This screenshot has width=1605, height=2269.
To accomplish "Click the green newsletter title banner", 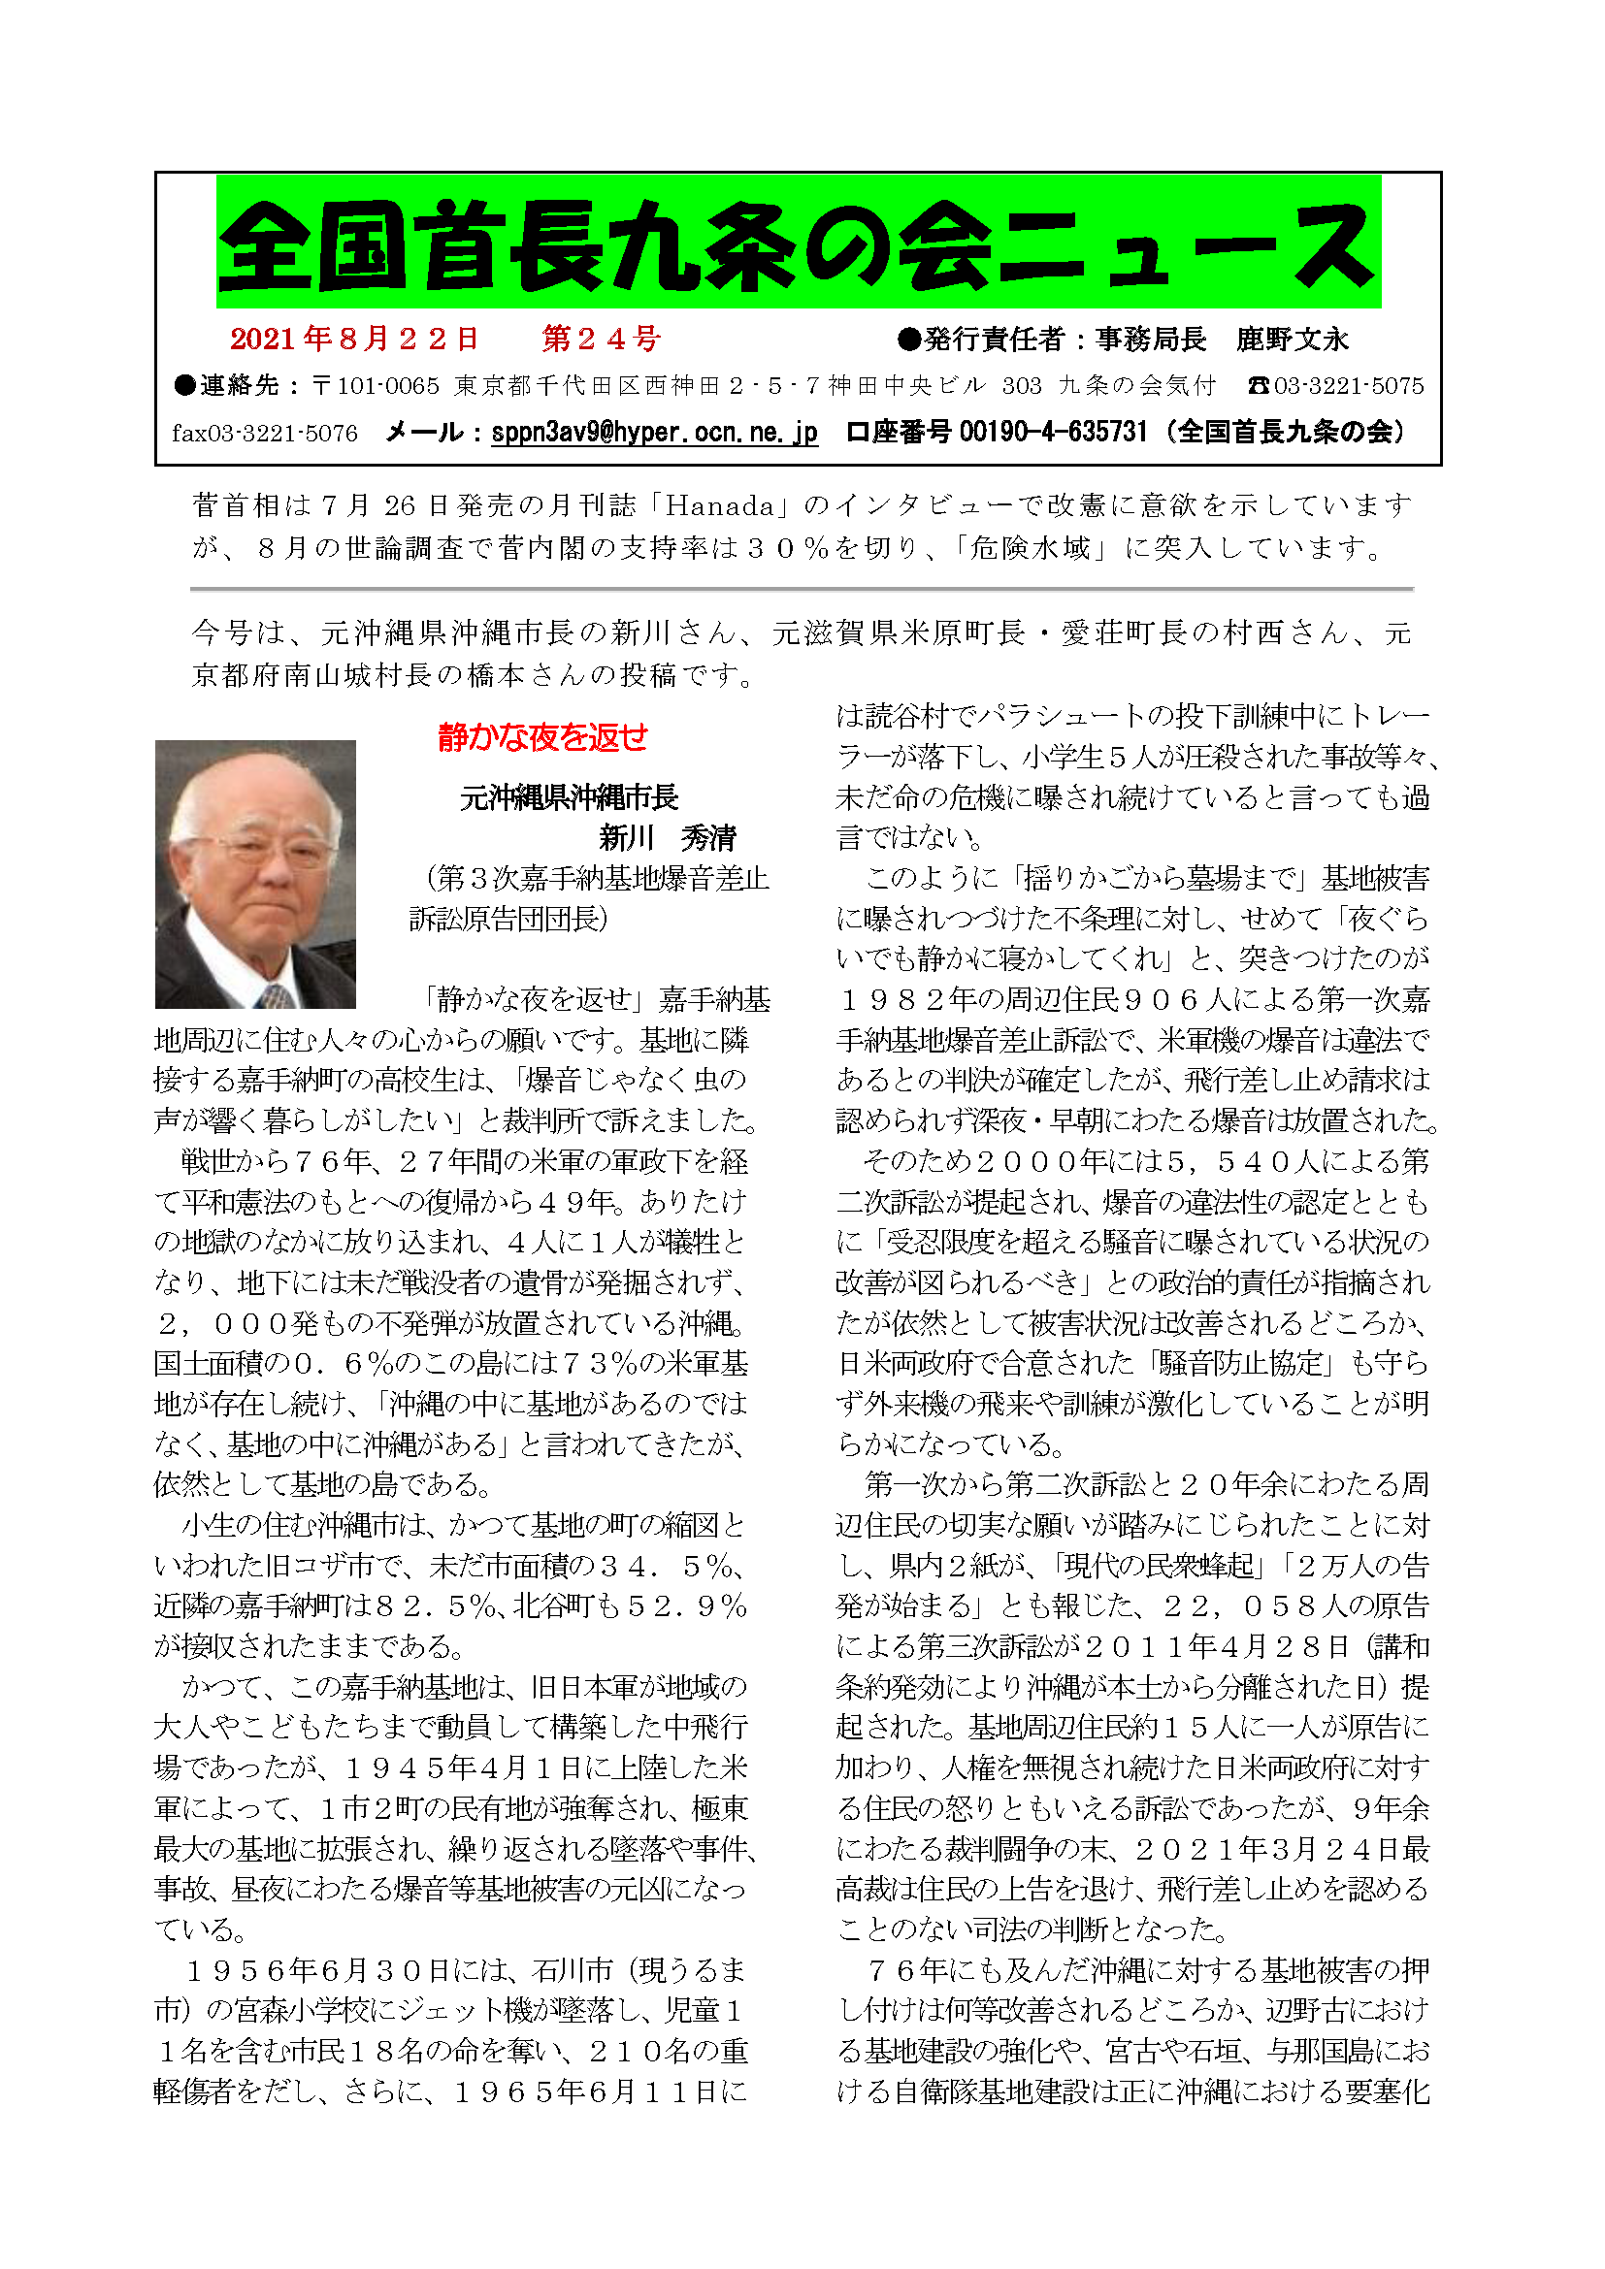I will [x=798, y=243].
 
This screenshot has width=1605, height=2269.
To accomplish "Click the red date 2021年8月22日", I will [x=354, y=339].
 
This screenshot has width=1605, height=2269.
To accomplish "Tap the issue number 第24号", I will [x=601, y=339].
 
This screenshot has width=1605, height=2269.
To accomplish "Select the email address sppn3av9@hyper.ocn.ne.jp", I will [x=654, y=433].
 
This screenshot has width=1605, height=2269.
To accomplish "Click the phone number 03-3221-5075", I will [x=1348, y=386].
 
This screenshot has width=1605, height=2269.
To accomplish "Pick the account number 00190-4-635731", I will [x=1054, y=433].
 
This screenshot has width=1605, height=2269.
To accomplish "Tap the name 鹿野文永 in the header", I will [x=1292, y=340].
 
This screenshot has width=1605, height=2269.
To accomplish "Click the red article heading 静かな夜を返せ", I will [x=542, y=737].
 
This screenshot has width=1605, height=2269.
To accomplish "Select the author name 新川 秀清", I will [x=667, y=838].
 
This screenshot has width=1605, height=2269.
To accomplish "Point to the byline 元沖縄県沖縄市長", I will [x=569, y=797].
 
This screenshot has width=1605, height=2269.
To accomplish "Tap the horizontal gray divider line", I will [x=801, y=589].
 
